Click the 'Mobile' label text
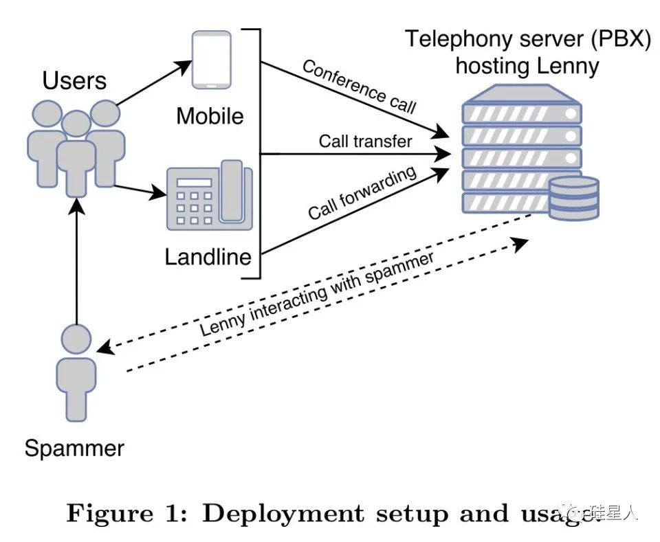tap(210, 115)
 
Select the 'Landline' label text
tap(208, 258)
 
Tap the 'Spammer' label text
tap(74, 449)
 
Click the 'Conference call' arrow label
tap(359, 87)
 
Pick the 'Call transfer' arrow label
tap(365, 142)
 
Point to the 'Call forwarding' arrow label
tap(362, 192)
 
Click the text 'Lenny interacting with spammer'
tap(317, 295)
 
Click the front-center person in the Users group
tap(76, 150)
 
